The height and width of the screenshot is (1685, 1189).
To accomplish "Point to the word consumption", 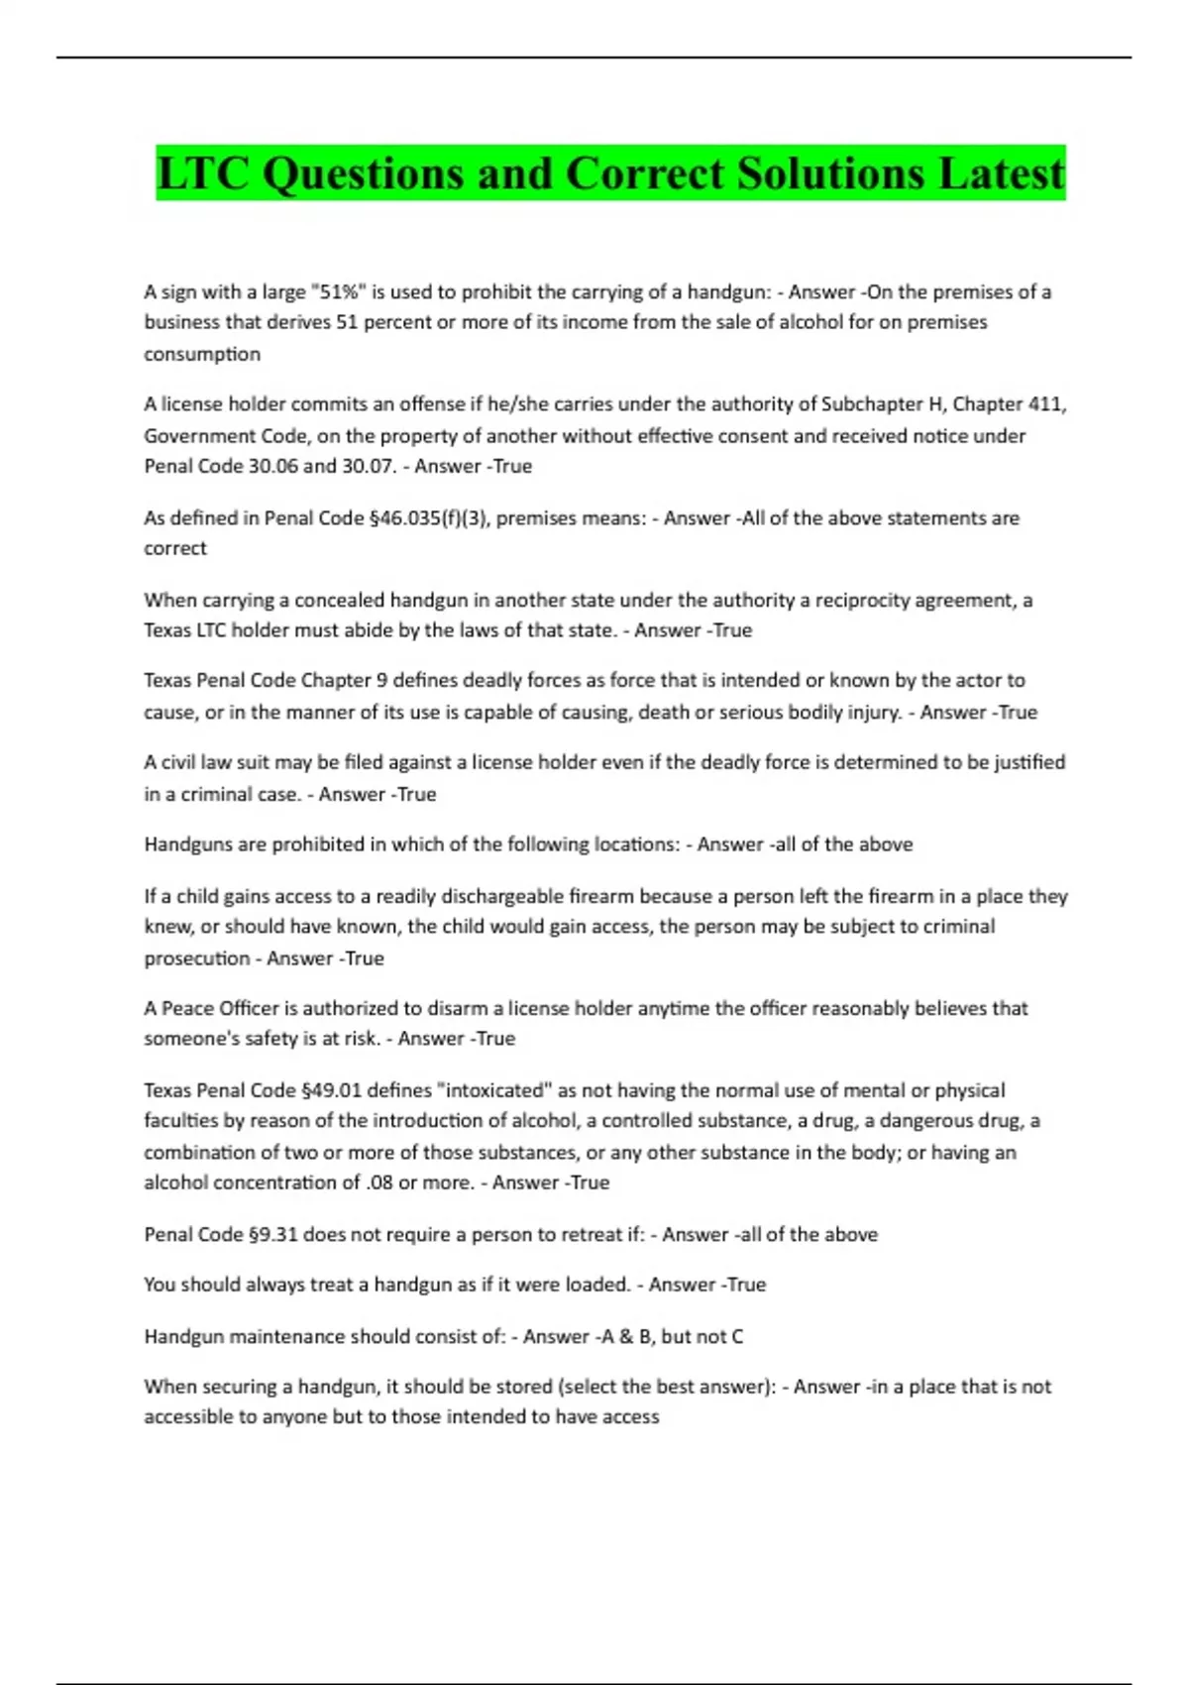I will [202, 354].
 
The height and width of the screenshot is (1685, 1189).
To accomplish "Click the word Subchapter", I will [872, 403].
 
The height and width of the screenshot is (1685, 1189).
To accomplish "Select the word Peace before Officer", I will [186, 1008].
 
